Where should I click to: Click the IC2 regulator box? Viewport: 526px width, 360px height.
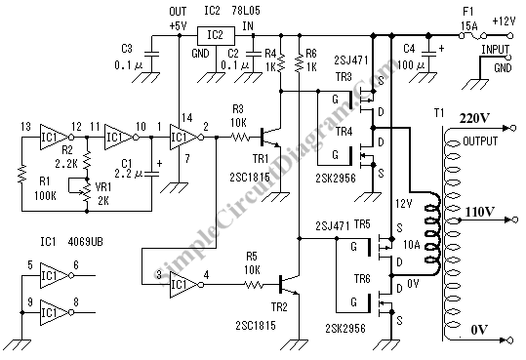(216, 35)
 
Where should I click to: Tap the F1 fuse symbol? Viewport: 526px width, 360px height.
(473, 35)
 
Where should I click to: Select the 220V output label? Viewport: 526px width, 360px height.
(474, 118)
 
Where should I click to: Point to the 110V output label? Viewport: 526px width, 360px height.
(480, 212)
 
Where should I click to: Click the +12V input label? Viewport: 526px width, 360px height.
(504, 21)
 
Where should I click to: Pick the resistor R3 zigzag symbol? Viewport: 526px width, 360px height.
(240, 137)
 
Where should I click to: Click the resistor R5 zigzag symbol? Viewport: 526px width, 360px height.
(254, 285)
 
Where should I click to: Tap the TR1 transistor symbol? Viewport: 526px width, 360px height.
(270, 137)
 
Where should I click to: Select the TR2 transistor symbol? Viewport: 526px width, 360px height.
(289, 285)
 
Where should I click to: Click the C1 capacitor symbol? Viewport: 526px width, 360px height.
(151, 173)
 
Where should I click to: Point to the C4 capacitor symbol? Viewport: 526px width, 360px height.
(428, 54)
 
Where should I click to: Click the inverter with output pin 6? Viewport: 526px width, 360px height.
(57, 275)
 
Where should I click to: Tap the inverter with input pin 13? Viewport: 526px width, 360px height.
(57, 137)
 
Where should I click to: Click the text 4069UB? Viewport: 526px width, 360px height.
(85, 242)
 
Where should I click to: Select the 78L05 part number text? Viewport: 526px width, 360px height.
(246, 11)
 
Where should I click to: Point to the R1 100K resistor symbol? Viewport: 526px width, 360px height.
(22, 174)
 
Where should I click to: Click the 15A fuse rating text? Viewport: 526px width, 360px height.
(469, 25)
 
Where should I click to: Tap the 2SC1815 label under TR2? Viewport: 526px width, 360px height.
(256, 325)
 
